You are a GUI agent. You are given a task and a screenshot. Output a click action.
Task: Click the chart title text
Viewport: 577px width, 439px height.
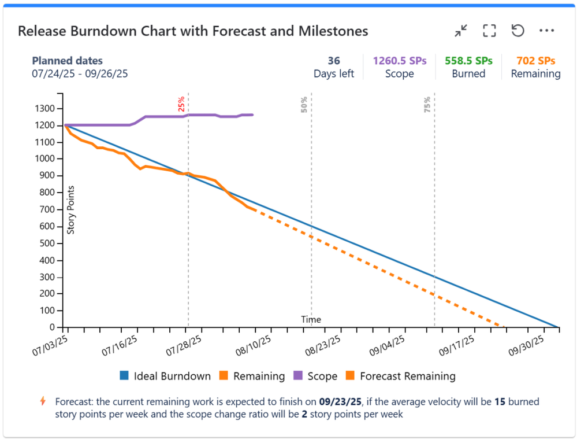click(x=193, y=31)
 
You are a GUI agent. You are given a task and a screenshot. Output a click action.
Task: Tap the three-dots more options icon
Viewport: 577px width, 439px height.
click(x=546, y=31)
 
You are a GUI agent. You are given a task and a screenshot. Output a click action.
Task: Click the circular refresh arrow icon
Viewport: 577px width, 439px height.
click(x=518, y=31)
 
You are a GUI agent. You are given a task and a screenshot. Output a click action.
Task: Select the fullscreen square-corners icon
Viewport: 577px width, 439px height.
click(x=489, y=31)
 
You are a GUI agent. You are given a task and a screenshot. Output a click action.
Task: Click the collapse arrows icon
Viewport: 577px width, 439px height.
click(x=460, y=31)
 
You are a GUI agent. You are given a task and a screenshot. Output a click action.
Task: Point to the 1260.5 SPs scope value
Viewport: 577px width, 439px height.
click(x=400, y=61)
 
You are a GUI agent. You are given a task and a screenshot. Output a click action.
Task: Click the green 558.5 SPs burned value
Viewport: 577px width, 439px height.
click(x=468, y=61)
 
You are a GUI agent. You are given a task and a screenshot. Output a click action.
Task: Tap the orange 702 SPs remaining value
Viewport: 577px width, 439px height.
click(x=535, y=61)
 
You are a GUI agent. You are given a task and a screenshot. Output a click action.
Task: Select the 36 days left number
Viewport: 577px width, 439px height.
click(x=334, y=61)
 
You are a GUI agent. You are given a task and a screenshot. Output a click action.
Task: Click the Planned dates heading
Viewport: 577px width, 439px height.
click(x=68, y=61)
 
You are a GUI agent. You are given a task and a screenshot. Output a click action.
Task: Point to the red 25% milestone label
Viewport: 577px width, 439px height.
click(x=181, y=104)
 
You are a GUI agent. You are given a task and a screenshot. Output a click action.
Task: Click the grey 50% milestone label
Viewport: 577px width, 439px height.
click(x=304, y=104)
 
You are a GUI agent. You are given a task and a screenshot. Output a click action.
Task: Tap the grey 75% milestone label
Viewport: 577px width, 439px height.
click(x=427, y=104)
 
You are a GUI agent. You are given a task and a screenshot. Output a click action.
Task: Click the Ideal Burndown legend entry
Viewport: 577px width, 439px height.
click(x=165, y=377)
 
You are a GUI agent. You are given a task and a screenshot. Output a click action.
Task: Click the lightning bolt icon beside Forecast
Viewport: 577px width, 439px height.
click(x=42, y=401)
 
